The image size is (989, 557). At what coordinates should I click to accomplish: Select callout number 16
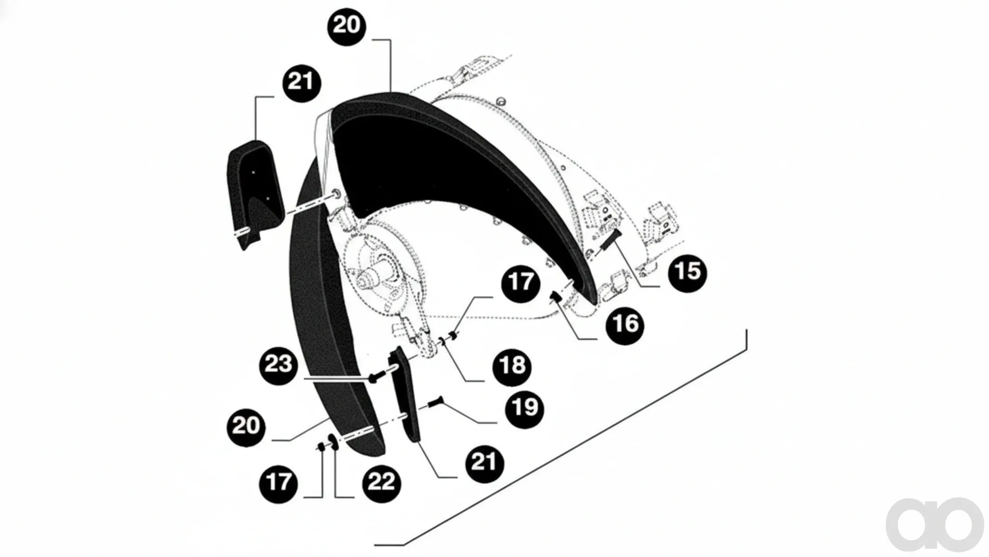pos(625,324)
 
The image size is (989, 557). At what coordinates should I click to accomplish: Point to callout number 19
pos(525,408)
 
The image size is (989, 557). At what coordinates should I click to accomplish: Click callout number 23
pos(278,365)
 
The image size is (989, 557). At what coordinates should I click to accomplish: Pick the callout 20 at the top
pos(347,26)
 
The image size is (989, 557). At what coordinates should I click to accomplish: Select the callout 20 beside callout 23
pos(246,426)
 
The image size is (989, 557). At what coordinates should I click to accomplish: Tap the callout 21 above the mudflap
pos(302,83)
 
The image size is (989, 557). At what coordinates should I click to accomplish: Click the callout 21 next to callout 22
pos(484,463)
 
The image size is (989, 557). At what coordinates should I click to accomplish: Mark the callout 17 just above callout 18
pos(520,283)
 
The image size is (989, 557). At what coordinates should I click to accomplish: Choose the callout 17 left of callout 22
pos(278,483)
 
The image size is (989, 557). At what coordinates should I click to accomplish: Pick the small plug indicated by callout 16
pos(555,297)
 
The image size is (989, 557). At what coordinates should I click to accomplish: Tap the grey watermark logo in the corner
pos(935,525)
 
